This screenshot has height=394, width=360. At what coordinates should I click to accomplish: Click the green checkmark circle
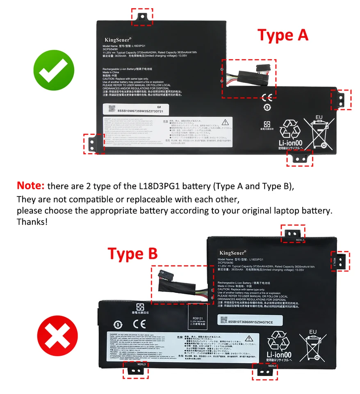(54, 71)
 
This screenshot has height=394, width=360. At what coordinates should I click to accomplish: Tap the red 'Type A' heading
(283, 35)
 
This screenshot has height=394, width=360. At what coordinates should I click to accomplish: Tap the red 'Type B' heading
(132, 254)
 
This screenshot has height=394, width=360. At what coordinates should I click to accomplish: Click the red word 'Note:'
(30, 186)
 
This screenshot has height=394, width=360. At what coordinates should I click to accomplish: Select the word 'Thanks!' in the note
(32, 222)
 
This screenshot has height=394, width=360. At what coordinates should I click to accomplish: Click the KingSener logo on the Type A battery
(116, 39)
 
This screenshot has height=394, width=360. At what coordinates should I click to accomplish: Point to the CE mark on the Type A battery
(267, 98)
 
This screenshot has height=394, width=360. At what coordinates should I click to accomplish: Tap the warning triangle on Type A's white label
(225, 122)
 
